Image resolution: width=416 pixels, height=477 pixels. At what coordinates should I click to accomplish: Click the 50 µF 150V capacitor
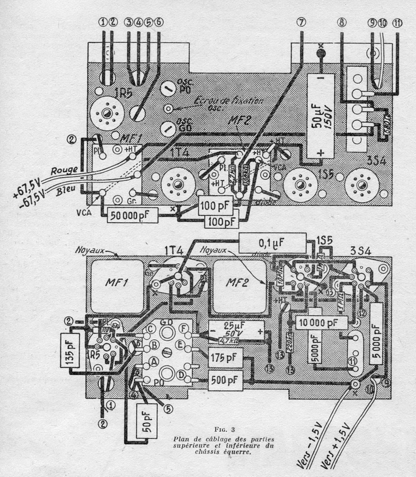coord(322,116)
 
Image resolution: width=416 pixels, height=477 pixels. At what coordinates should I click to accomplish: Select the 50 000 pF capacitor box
coord(132,215)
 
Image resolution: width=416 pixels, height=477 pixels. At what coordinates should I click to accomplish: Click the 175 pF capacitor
coord(225,356)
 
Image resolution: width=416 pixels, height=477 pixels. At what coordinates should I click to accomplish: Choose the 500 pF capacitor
coord(225,380)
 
